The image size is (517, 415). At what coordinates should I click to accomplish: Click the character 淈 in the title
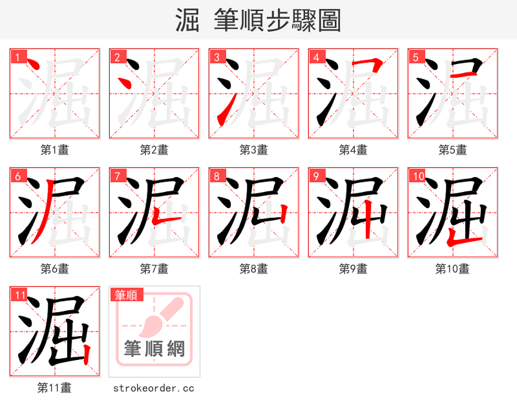187,20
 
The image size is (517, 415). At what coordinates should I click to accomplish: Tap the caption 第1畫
55,150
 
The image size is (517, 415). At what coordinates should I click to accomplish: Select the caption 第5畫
452,150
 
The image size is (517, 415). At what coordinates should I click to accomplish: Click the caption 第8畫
253,269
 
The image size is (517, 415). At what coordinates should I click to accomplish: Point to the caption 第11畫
55,388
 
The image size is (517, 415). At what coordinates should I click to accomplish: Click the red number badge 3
218,57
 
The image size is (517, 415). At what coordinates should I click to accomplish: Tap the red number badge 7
118,176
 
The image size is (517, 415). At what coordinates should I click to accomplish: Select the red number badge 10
418,176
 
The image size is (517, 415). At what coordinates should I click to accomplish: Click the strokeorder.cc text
154,388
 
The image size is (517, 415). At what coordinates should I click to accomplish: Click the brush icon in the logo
158,315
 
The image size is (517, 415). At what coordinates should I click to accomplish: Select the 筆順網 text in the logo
154,349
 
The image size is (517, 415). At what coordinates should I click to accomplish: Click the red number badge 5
417,57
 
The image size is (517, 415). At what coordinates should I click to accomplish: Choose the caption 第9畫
353,269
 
